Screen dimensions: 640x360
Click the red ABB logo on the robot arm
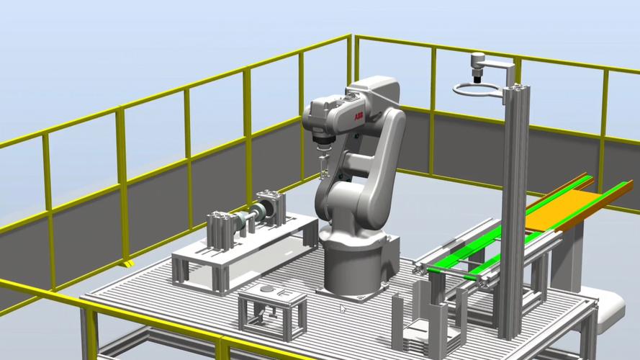coord(359,117)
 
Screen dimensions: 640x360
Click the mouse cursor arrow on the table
coord(343,309)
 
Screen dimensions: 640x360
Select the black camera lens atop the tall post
coord(477,78)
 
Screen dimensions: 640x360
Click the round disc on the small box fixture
coord(267,289)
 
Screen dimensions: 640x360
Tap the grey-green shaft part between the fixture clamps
coord(250,216)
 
